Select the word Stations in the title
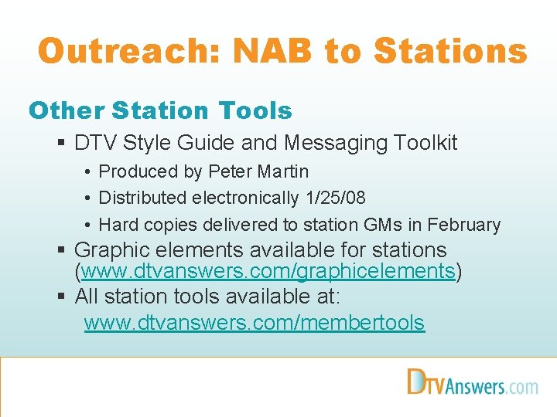pos(450,52)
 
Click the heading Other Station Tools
pos(160,111)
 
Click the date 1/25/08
pos(335,198)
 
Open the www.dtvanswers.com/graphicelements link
pos(268,272)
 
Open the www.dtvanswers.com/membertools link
pos(254,322)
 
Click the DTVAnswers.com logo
pos(472,382)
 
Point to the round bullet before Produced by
pos(89,172)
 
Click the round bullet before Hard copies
pos(89,225)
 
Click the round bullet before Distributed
pos(89,198)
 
